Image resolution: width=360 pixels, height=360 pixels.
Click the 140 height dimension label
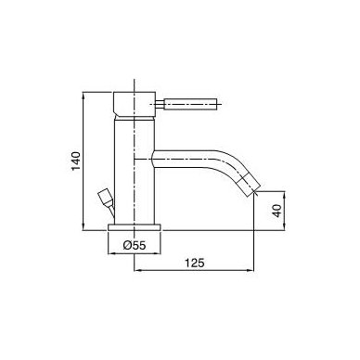[76, 161]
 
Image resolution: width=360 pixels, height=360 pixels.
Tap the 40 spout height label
[277, 211]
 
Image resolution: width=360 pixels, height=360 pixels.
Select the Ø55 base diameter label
[135, 246]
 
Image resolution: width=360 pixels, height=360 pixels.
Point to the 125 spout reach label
[195, 263]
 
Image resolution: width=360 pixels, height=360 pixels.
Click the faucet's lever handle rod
[190, 104]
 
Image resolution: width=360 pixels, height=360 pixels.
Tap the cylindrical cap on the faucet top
[135, 104]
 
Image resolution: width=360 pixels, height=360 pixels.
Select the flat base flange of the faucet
[135, 227]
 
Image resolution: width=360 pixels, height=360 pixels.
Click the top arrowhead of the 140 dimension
[84, 95]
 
